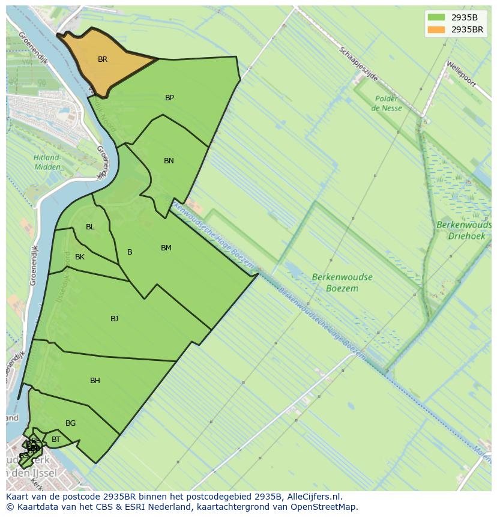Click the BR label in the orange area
103,59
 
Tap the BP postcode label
169,98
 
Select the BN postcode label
169,161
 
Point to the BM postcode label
166,248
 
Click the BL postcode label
90,227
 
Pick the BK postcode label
80,257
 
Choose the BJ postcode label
114,319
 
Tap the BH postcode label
95,381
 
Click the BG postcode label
70,423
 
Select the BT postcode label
56,440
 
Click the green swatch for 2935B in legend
436,17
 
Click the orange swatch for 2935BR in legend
436,29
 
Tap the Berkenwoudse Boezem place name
342,283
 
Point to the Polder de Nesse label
387,103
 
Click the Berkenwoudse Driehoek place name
463,231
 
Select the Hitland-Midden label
47,162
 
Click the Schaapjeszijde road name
358,64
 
